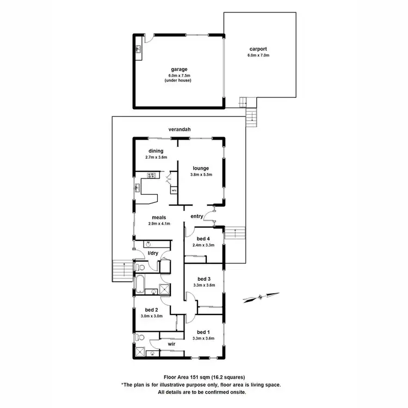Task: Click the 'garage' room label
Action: tap(179, 69)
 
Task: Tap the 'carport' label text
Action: tap(258, 48)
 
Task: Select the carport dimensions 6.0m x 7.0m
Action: tap(258, 55)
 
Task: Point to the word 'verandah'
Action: tap(179, 129)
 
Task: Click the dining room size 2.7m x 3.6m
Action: tap(156, 157)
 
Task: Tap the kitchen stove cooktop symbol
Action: tap(150, 175)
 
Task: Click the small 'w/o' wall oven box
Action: tap(174, 191)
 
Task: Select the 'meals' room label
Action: tap(159, 217)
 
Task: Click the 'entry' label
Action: tap(196, 217)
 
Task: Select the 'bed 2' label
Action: tap(152, 308)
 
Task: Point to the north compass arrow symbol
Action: tap(261, 297)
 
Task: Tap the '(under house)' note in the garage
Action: tap(179, 81)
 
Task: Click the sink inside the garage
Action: tap(138, 51)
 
